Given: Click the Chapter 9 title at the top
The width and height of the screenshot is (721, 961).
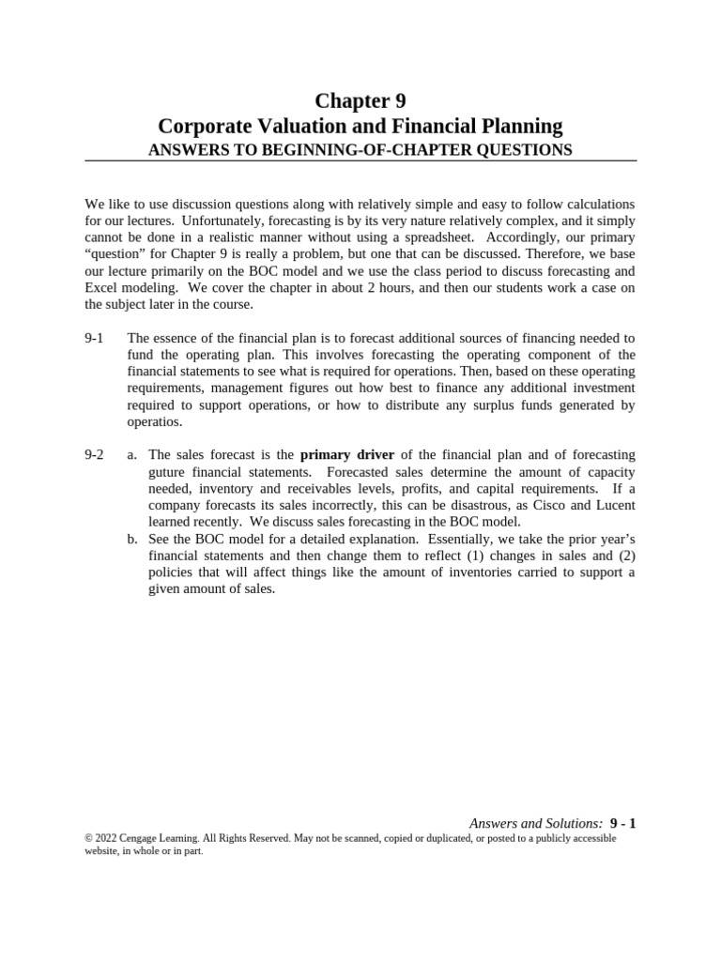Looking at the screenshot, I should point(360,101).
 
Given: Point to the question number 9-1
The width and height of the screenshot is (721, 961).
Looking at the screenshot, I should point(94,338).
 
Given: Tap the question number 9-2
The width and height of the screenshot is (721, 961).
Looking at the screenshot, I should point(94,455).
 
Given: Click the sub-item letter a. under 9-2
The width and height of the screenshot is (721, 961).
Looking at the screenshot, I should point(133,455).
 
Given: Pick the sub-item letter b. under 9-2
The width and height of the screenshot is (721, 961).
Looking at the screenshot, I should point(133,540).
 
